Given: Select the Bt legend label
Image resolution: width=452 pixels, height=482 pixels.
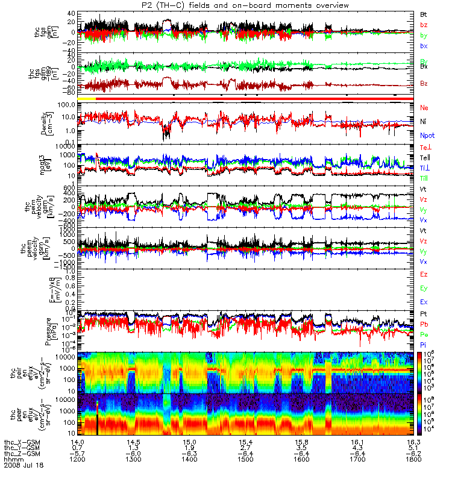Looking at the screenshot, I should [x=424, y=14].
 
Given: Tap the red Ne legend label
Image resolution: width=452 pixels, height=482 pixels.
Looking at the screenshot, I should [x=424, y=107].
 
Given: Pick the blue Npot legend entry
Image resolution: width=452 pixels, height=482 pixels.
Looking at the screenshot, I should [x=427, y=137].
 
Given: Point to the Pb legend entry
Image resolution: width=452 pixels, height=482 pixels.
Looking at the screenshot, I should [x=424, y=324].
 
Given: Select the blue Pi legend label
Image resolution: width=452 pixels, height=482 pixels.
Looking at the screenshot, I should [x=423, y=343].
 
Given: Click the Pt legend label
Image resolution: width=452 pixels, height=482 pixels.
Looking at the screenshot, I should [x=423, y=315].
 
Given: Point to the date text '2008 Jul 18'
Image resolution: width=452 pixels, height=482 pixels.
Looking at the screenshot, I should [x=24, y=466].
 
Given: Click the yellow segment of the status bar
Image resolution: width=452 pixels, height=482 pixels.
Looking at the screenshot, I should [x=87, y=98].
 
